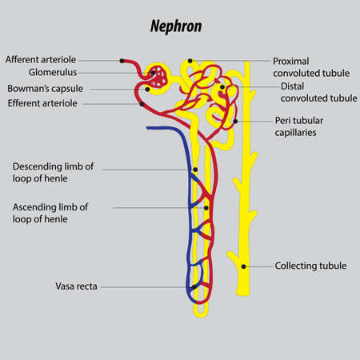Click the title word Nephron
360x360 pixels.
pos(175,26)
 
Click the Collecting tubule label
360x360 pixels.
pos(310,266)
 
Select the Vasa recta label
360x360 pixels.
pos(76,286)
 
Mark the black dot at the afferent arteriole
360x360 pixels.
pos(122,60)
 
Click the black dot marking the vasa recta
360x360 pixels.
pos(194,286)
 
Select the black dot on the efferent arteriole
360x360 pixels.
pos(142,103)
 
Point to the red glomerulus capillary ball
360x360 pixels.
pos(161,78)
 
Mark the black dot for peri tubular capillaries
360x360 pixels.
pos(235,122)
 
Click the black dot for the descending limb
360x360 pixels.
pos(195,170)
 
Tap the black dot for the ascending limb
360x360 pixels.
pos(206,208)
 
